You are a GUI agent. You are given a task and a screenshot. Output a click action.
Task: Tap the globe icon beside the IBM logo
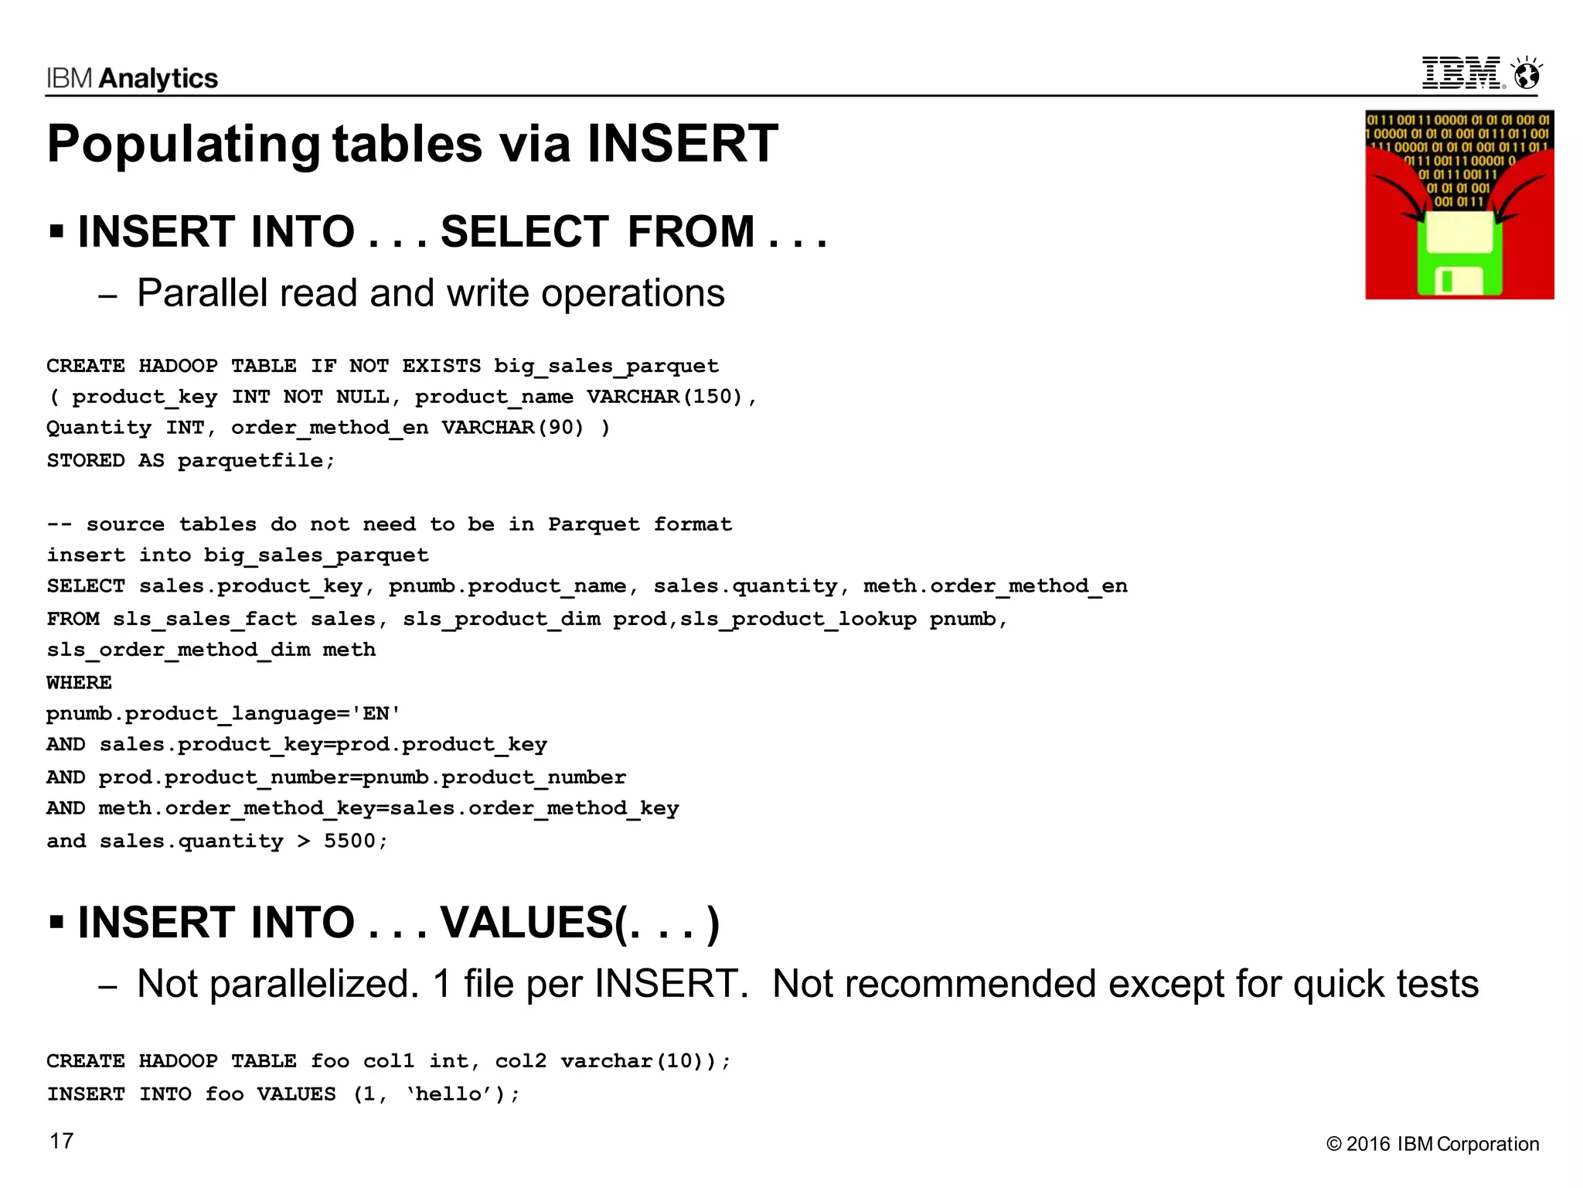(1527, 74)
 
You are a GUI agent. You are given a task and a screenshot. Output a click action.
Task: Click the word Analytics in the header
(158, 79)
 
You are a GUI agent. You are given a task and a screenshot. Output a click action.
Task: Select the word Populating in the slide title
(183, 145)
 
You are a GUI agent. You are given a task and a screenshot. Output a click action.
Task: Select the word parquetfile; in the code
(257, 461)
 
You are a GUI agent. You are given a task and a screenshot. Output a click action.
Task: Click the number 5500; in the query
(356, 841)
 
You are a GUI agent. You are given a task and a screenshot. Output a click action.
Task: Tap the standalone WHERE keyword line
(79, 683)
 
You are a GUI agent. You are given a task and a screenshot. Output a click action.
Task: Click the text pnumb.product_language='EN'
(223, 714)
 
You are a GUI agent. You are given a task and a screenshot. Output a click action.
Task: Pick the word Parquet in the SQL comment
(594, 525)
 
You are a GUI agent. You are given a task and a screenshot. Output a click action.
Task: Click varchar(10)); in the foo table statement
(645, 1061)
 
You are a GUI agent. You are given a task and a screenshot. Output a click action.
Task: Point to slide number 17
(62, 1142)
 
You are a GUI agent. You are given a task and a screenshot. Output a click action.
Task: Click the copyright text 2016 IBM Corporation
(1442, 1145)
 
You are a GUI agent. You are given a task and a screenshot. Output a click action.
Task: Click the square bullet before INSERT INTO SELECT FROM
(56, 230)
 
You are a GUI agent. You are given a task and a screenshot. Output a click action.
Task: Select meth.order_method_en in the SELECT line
(995, 587)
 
